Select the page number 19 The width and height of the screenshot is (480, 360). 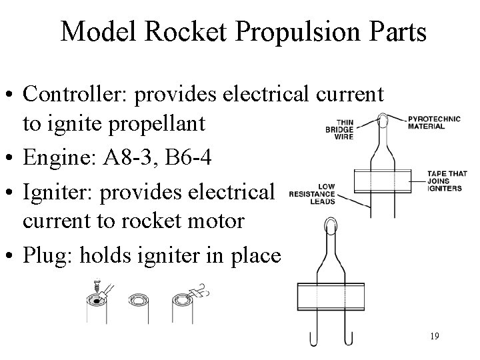(x=434, y=335)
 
